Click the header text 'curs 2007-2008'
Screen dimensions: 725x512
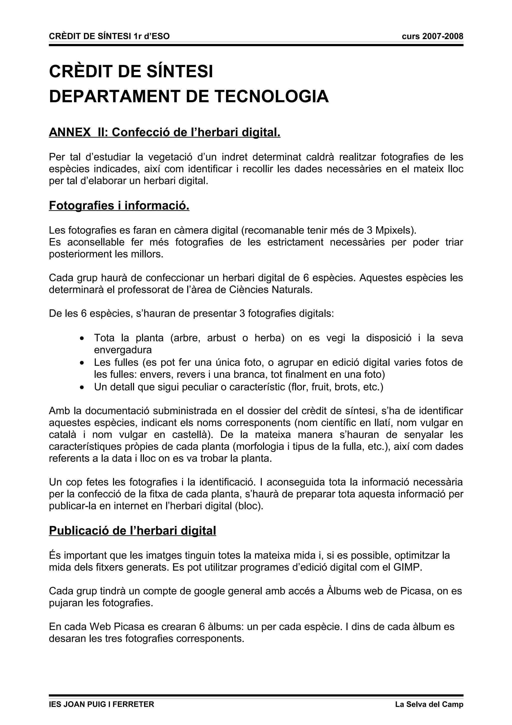432,36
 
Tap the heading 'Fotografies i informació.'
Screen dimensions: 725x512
119,206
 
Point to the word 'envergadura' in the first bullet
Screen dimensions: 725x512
123,350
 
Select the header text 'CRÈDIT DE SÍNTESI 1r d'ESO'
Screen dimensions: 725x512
109,36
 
